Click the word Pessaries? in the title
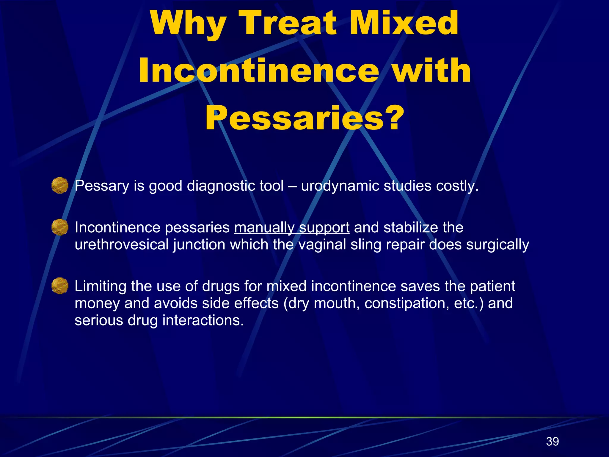pos(304,118)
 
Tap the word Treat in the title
pos(290,23)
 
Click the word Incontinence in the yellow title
pos(259,71)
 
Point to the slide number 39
pos(553,441)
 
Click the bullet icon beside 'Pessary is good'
pos(60,185)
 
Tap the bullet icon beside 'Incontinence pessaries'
pos(60,227)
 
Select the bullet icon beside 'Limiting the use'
pos(60,286)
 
